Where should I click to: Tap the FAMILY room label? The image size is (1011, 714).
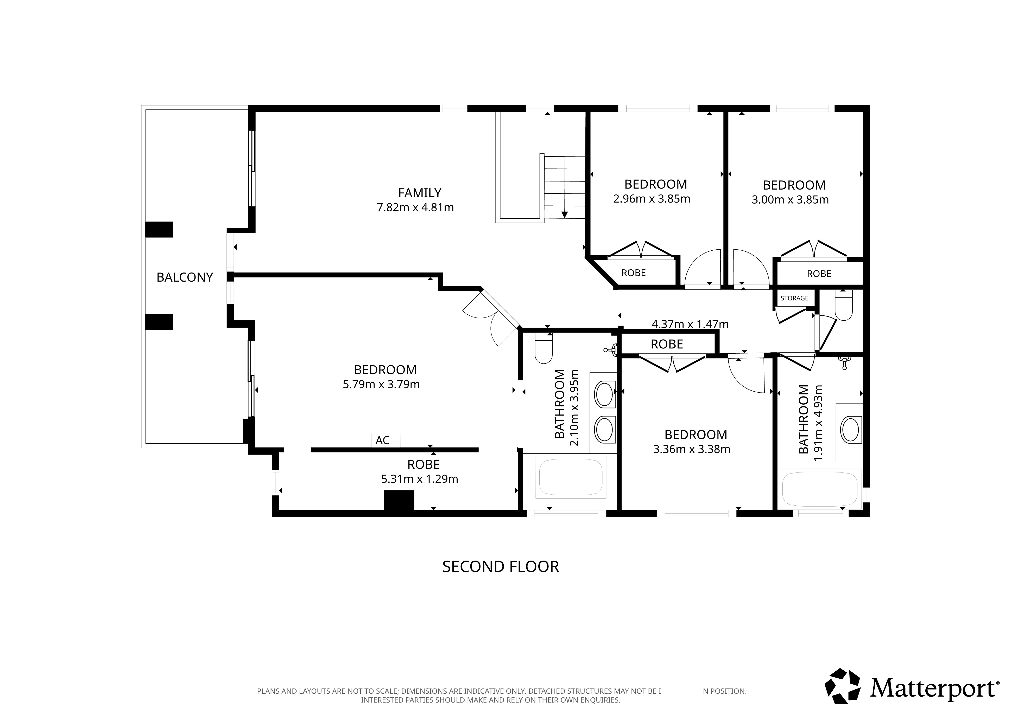point(420,193)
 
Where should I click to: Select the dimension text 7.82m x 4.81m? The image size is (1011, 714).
point(415,207)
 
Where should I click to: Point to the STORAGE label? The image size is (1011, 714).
point(794,298)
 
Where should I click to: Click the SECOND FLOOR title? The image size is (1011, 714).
point(501,567)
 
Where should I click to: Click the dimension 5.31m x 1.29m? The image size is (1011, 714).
point(420,479)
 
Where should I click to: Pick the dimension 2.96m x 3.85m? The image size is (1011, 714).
point(652,199)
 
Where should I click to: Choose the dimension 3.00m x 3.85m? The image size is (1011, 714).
point(790,200)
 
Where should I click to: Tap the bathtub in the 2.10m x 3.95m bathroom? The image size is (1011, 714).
point(571,477)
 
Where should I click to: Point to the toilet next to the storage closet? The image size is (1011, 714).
point(843,306)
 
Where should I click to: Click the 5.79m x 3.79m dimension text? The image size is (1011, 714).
point(381,385)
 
